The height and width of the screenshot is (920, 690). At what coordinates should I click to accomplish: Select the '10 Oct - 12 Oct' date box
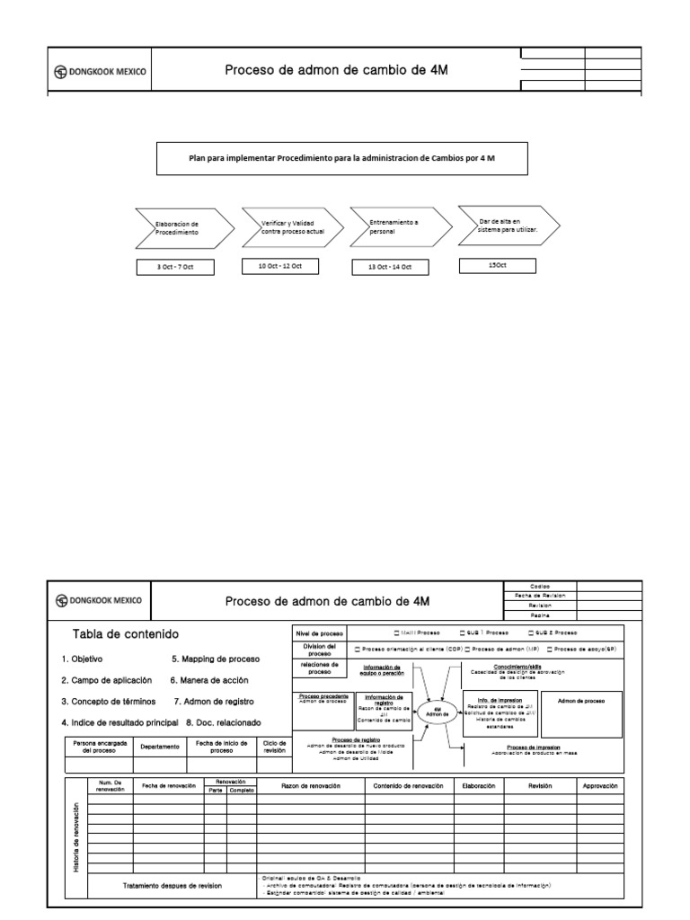pos(281,266)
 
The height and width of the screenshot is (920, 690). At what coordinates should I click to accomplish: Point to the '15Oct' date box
pos(497,265)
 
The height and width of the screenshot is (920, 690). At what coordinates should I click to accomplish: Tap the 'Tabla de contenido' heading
pos(126,634)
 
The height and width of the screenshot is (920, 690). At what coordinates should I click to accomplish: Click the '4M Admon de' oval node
pos(438,712)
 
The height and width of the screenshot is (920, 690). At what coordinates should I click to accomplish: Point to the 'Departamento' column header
pos(160,747)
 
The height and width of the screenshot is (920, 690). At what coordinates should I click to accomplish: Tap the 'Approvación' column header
pos(600,785)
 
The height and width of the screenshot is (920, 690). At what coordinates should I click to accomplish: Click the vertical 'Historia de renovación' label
pos(76,836)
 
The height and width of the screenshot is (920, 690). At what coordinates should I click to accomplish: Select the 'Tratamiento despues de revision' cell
pos(172,885)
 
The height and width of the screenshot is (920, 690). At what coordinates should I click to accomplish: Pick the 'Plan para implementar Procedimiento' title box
pos(342,157)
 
